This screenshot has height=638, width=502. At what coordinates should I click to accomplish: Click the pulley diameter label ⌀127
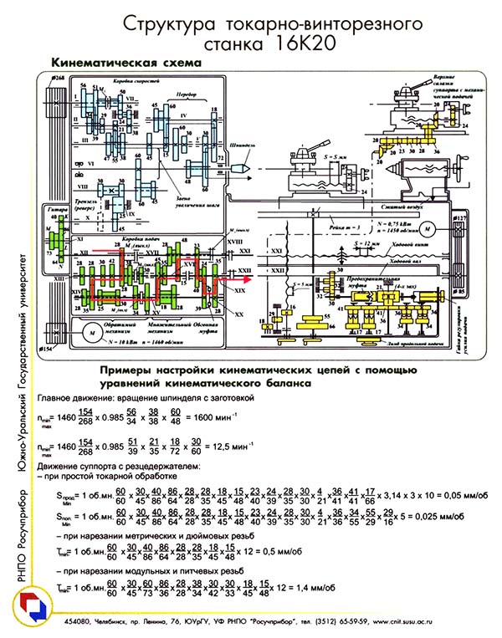coord(458,219)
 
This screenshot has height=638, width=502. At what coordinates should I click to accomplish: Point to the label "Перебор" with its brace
coord(173,95)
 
